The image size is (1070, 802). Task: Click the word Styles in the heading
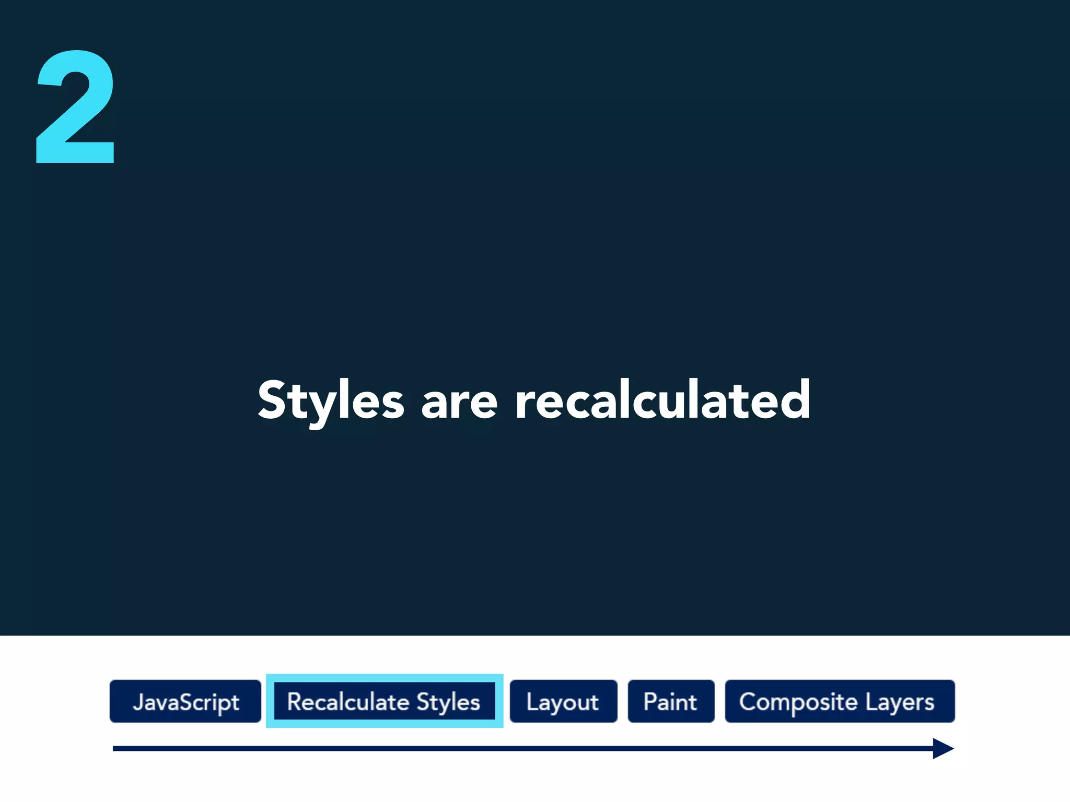[x=331, y=401]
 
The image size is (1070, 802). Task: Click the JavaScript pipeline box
[x=185, y=701]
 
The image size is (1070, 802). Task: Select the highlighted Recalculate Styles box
[x=384, y=701]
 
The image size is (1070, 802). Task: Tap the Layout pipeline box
[x=563, y=701]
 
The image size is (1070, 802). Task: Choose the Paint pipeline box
[x=671, y=701]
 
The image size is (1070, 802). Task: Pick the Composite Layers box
[x=839, y=701]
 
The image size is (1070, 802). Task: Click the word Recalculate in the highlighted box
[x=348, y=702]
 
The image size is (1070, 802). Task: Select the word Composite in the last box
[x=798, y=702]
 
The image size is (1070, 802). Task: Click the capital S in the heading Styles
[x=272, y=399]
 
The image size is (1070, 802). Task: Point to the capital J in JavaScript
[x=138, y=701]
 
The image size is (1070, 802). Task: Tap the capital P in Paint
[x=649, y=701]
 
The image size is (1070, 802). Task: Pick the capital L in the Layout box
[x=532, y=701]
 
